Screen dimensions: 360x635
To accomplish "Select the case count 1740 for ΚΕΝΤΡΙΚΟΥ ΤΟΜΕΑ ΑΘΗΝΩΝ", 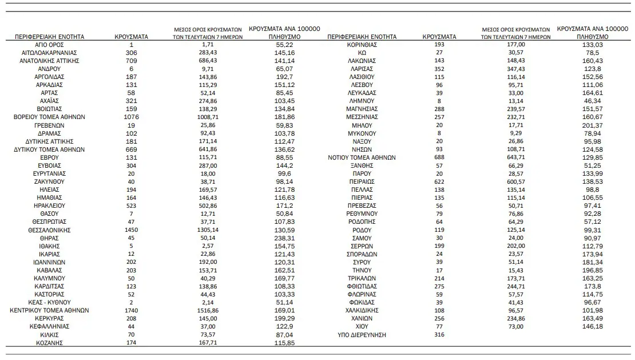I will (132, 311).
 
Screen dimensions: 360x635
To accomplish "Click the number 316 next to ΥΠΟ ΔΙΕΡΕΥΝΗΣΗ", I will (439, 335).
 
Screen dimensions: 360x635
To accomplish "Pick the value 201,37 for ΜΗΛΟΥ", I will (592, 125).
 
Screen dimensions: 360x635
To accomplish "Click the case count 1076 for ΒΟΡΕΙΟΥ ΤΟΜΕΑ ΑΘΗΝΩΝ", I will (132, 117).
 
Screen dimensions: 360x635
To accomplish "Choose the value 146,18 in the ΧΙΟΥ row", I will (592, 327).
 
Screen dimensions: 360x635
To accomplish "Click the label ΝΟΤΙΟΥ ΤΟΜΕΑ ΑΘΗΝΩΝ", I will (362, 157).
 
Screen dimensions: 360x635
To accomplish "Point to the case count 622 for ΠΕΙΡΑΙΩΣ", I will (439, 181).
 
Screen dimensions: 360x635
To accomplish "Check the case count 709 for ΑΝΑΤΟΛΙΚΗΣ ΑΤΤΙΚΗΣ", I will (132, 61).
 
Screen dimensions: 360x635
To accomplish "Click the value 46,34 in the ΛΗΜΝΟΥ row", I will (592, 101).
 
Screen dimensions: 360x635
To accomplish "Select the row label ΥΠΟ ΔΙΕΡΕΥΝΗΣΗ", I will (362, 335).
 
